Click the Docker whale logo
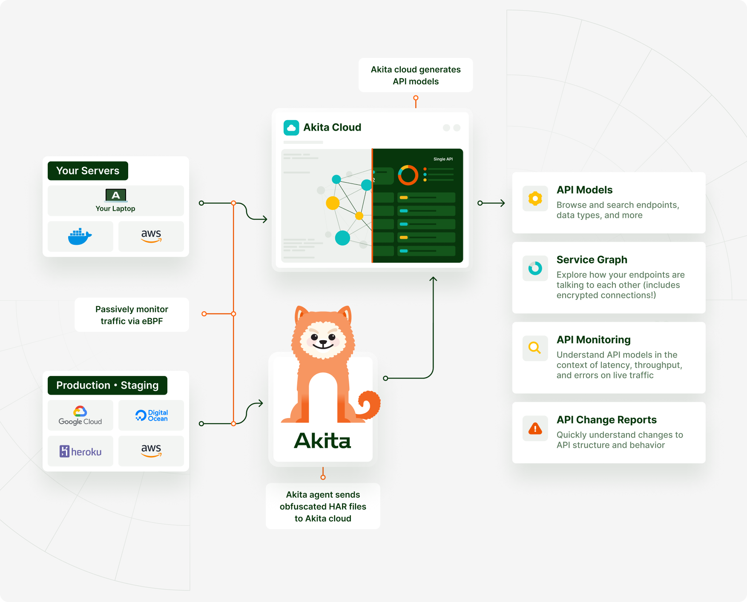80,236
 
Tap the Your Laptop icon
116,195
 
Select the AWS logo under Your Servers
151,236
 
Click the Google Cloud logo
80,416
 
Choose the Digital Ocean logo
151,416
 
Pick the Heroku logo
80,451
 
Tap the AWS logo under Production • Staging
151,450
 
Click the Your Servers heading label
88,171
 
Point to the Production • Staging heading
107,385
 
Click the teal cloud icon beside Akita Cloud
291,128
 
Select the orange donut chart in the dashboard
408,175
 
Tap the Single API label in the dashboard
443,159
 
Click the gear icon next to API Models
535,198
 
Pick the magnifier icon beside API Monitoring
534,348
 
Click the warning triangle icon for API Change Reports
535,428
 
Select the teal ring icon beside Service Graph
535,268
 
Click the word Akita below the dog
322,441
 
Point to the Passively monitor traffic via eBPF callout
132,315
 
